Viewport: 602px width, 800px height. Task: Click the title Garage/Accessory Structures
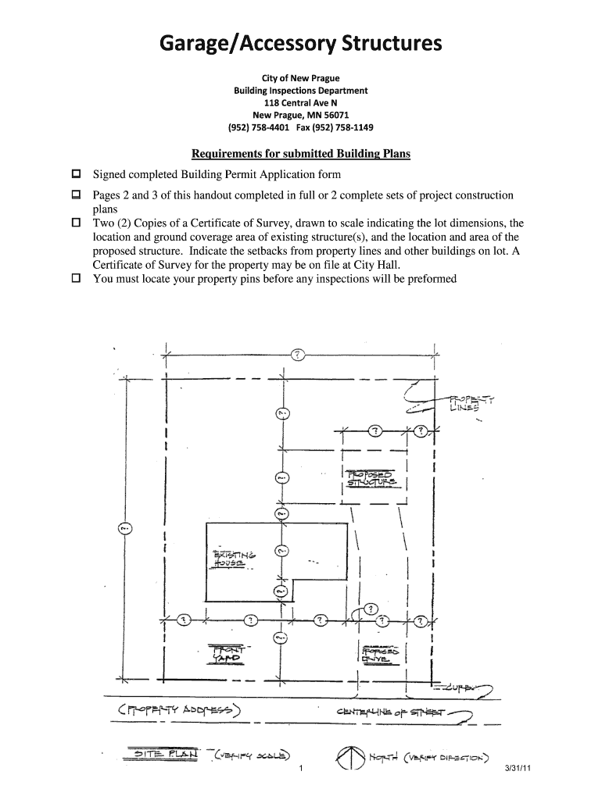pyautogui.click(x=301, y=45)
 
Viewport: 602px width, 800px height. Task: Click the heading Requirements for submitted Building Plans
pyautogui.click(x=301, y=154)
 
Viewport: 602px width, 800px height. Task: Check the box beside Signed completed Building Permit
pyautogui.click(x=77, y=173)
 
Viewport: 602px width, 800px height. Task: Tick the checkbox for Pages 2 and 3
pyautogui.click(x=77, y=194)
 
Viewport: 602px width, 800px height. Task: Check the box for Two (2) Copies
pyautogui.click(x=77, y=223)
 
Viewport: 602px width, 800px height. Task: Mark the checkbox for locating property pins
pyautogui.click(x=77, y=278)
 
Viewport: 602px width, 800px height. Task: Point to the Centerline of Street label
pyautogui.click(x=388, y=712)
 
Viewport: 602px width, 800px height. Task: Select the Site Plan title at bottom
pyautogui.click(x=164, y=755)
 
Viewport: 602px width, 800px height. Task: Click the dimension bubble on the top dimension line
pyautogui.click(x=298, y=355)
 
